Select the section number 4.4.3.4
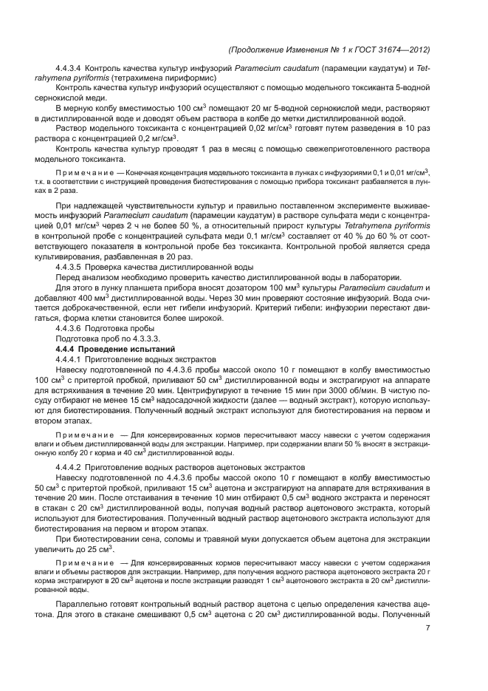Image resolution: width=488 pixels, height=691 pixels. coord(70,69)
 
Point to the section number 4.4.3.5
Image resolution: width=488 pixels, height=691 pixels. coord(70,265)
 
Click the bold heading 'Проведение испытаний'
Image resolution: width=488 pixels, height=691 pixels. coord(130,348)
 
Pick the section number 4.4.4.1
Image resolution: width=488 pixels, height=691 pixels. coord(70,358)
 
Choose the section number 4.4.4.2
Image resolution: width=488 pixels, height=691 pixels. coord(70,469)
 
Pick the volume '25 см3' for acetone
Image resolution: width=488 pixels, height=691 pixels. coord(98,549)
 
